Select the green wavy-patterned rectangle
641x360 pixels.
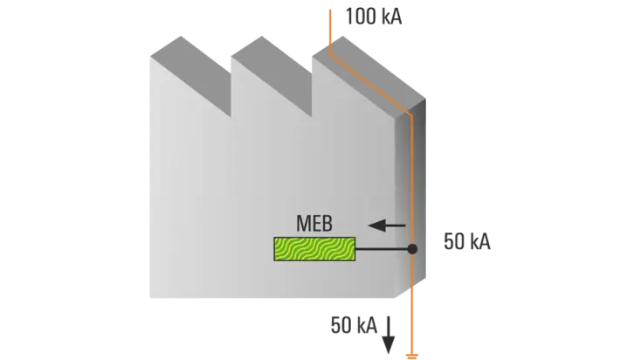pos(314,249)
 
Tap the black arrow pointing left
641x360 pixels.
pos(387,225)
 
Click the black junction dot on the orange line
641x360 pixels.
pos(412,249)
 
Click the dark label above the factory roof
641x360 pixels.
pos(374,17)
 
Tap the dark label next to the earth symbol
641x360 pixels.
pos(352,325)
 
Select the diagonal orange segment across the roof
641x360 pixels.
pos(367,79)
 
